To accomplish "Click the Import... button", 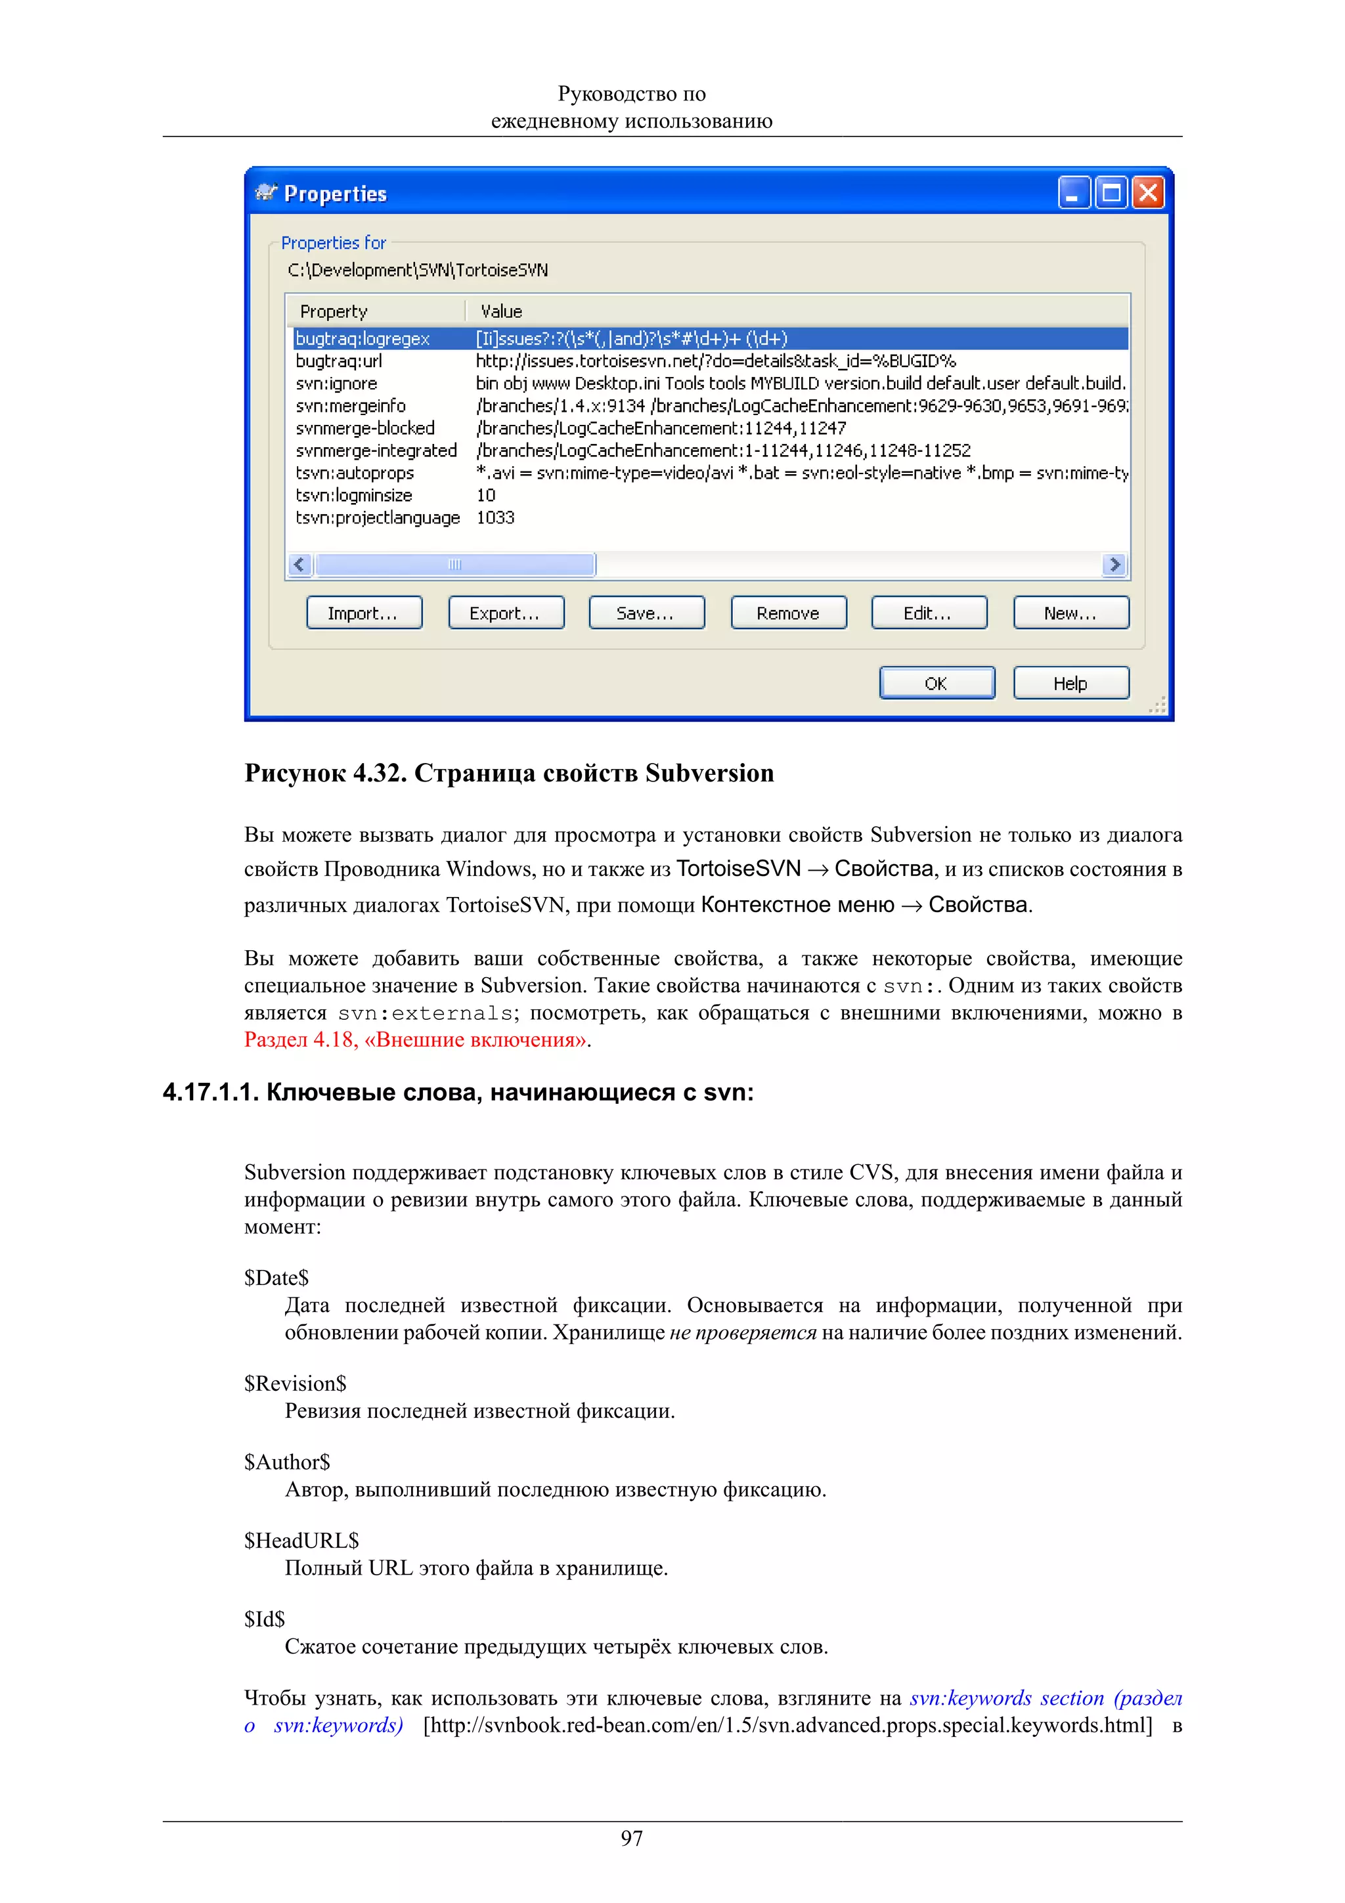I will click(x=364, y=613).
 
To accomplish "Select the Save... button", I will click(x=646, y=613).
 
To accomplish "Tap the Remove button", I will click(x=788, y=613).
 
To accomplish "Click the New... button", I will click(x=1070, y=613).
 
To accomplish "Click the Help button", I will click(x=1070, y=683).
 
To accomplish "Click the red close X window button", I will click(x=1149, y=193).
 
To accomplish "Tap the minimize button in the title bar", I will click(x=1074, y=193).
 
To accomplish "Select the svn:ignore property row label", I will click(x=336, y=383).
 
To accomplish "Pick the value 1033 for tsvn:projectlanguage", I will click(x=496, y=517).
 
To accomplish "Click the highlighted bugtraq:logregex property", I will click(x=363, y=338).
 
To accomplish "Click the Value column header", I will click(x=501, y=311).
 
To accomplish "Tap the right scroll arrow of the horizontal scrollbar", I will click(x=1115, y=565).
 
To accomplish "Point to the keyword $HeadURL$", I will click(x=301, y=1540).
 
